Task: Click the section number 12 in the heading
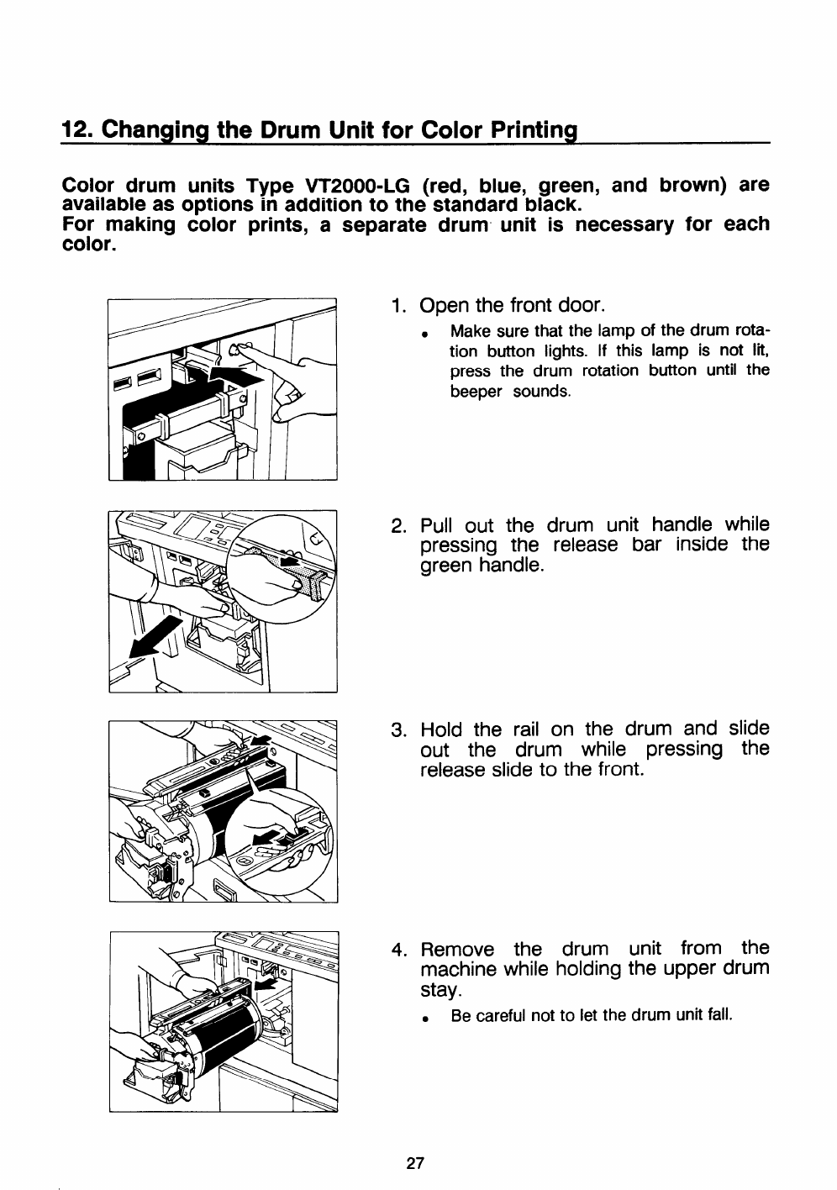coord(74,132)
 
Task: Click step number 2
coord(399,527)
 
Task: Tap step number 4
coord(399,950)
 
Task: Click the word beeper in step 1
coord(476,392)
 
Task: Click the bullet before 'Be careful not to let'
coord(428,1017)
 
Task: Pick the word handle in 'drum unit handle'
coord(682,526)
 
